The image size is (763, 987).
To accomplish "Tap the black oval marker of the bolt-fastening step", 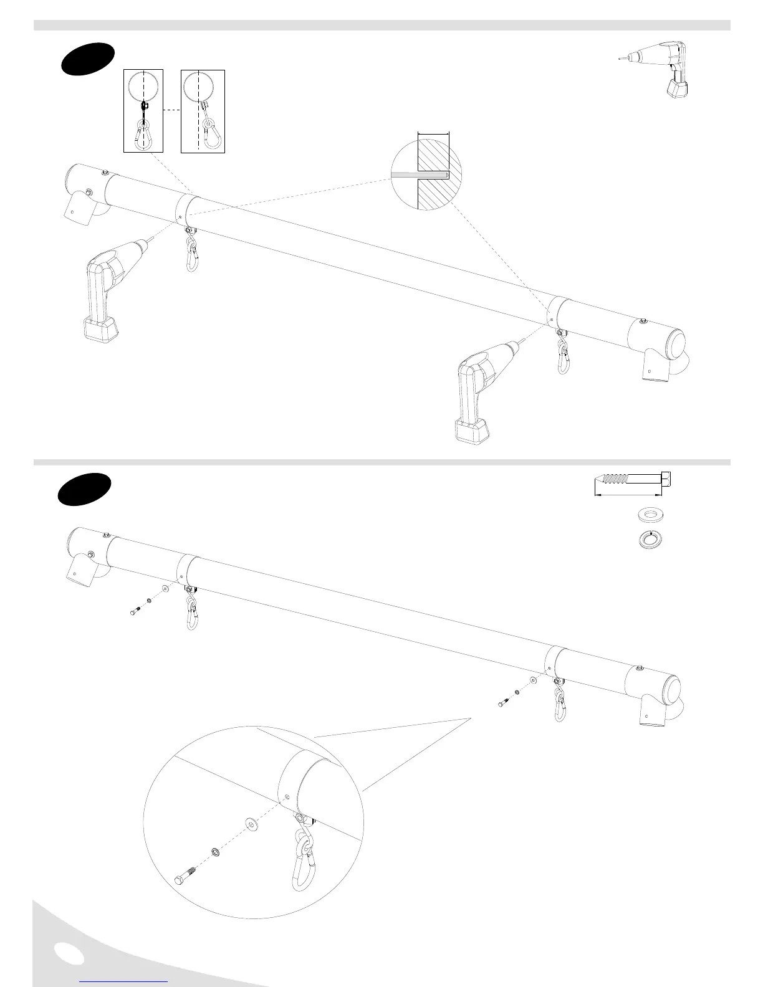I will click(x=85, y=489).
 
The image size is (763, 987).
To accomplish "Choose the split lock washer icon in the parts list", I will click(x=651, y=539).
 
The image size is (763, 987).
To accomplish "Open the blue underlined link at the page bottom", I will click(x=123, y=981).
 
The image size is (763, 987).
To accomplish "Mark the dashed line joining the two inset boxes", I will click(x=172, y=110).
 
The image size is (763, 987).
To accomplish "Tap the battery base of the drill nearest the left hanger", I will click(x=100, y=328).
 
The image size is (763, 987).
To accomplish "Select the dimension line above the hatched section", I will click(x=433, y=133).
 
